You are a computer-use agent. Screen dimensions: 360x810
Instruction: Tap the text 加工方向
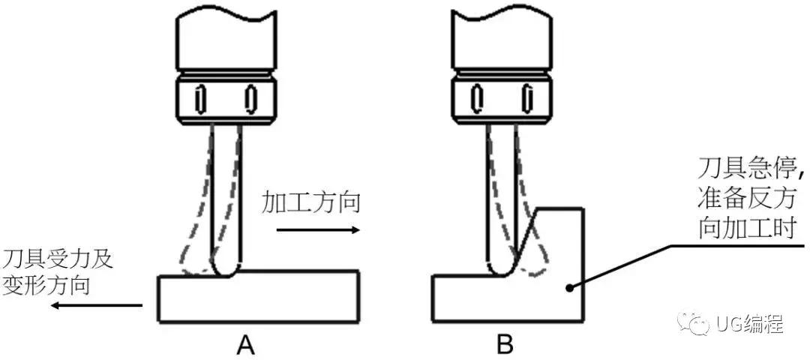(x=312, y=202)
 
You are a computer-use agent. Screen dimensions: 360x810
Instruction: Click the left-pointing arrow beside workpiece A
(x=101, y=305)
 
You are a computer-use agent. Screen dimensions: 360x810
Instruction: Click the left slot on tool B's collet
(x=475, y=97)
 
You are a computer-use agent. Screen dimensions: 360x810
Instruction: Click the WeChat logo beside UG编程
(x=692, y=324)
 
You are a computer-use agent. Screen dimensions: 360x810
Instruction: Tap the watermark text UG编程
(x=749, y=325)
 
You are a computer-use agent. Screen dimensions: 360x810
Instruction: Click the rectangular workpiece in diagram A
(x=259, y=298)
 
